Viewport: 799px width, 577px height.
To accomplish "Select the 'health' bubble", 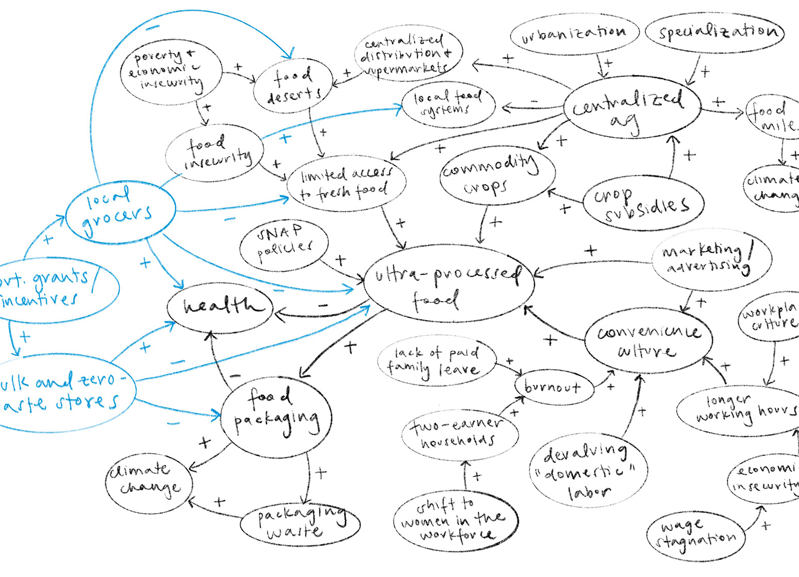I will coord(220,307).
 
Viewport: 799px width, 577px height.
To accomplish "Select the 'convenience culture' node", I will coord(648,340).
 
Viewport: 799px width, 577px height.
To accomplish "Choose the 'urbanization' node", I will coord(574,34).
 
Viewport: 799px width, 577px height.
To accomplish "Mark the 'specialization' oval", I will coord(717,32).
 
